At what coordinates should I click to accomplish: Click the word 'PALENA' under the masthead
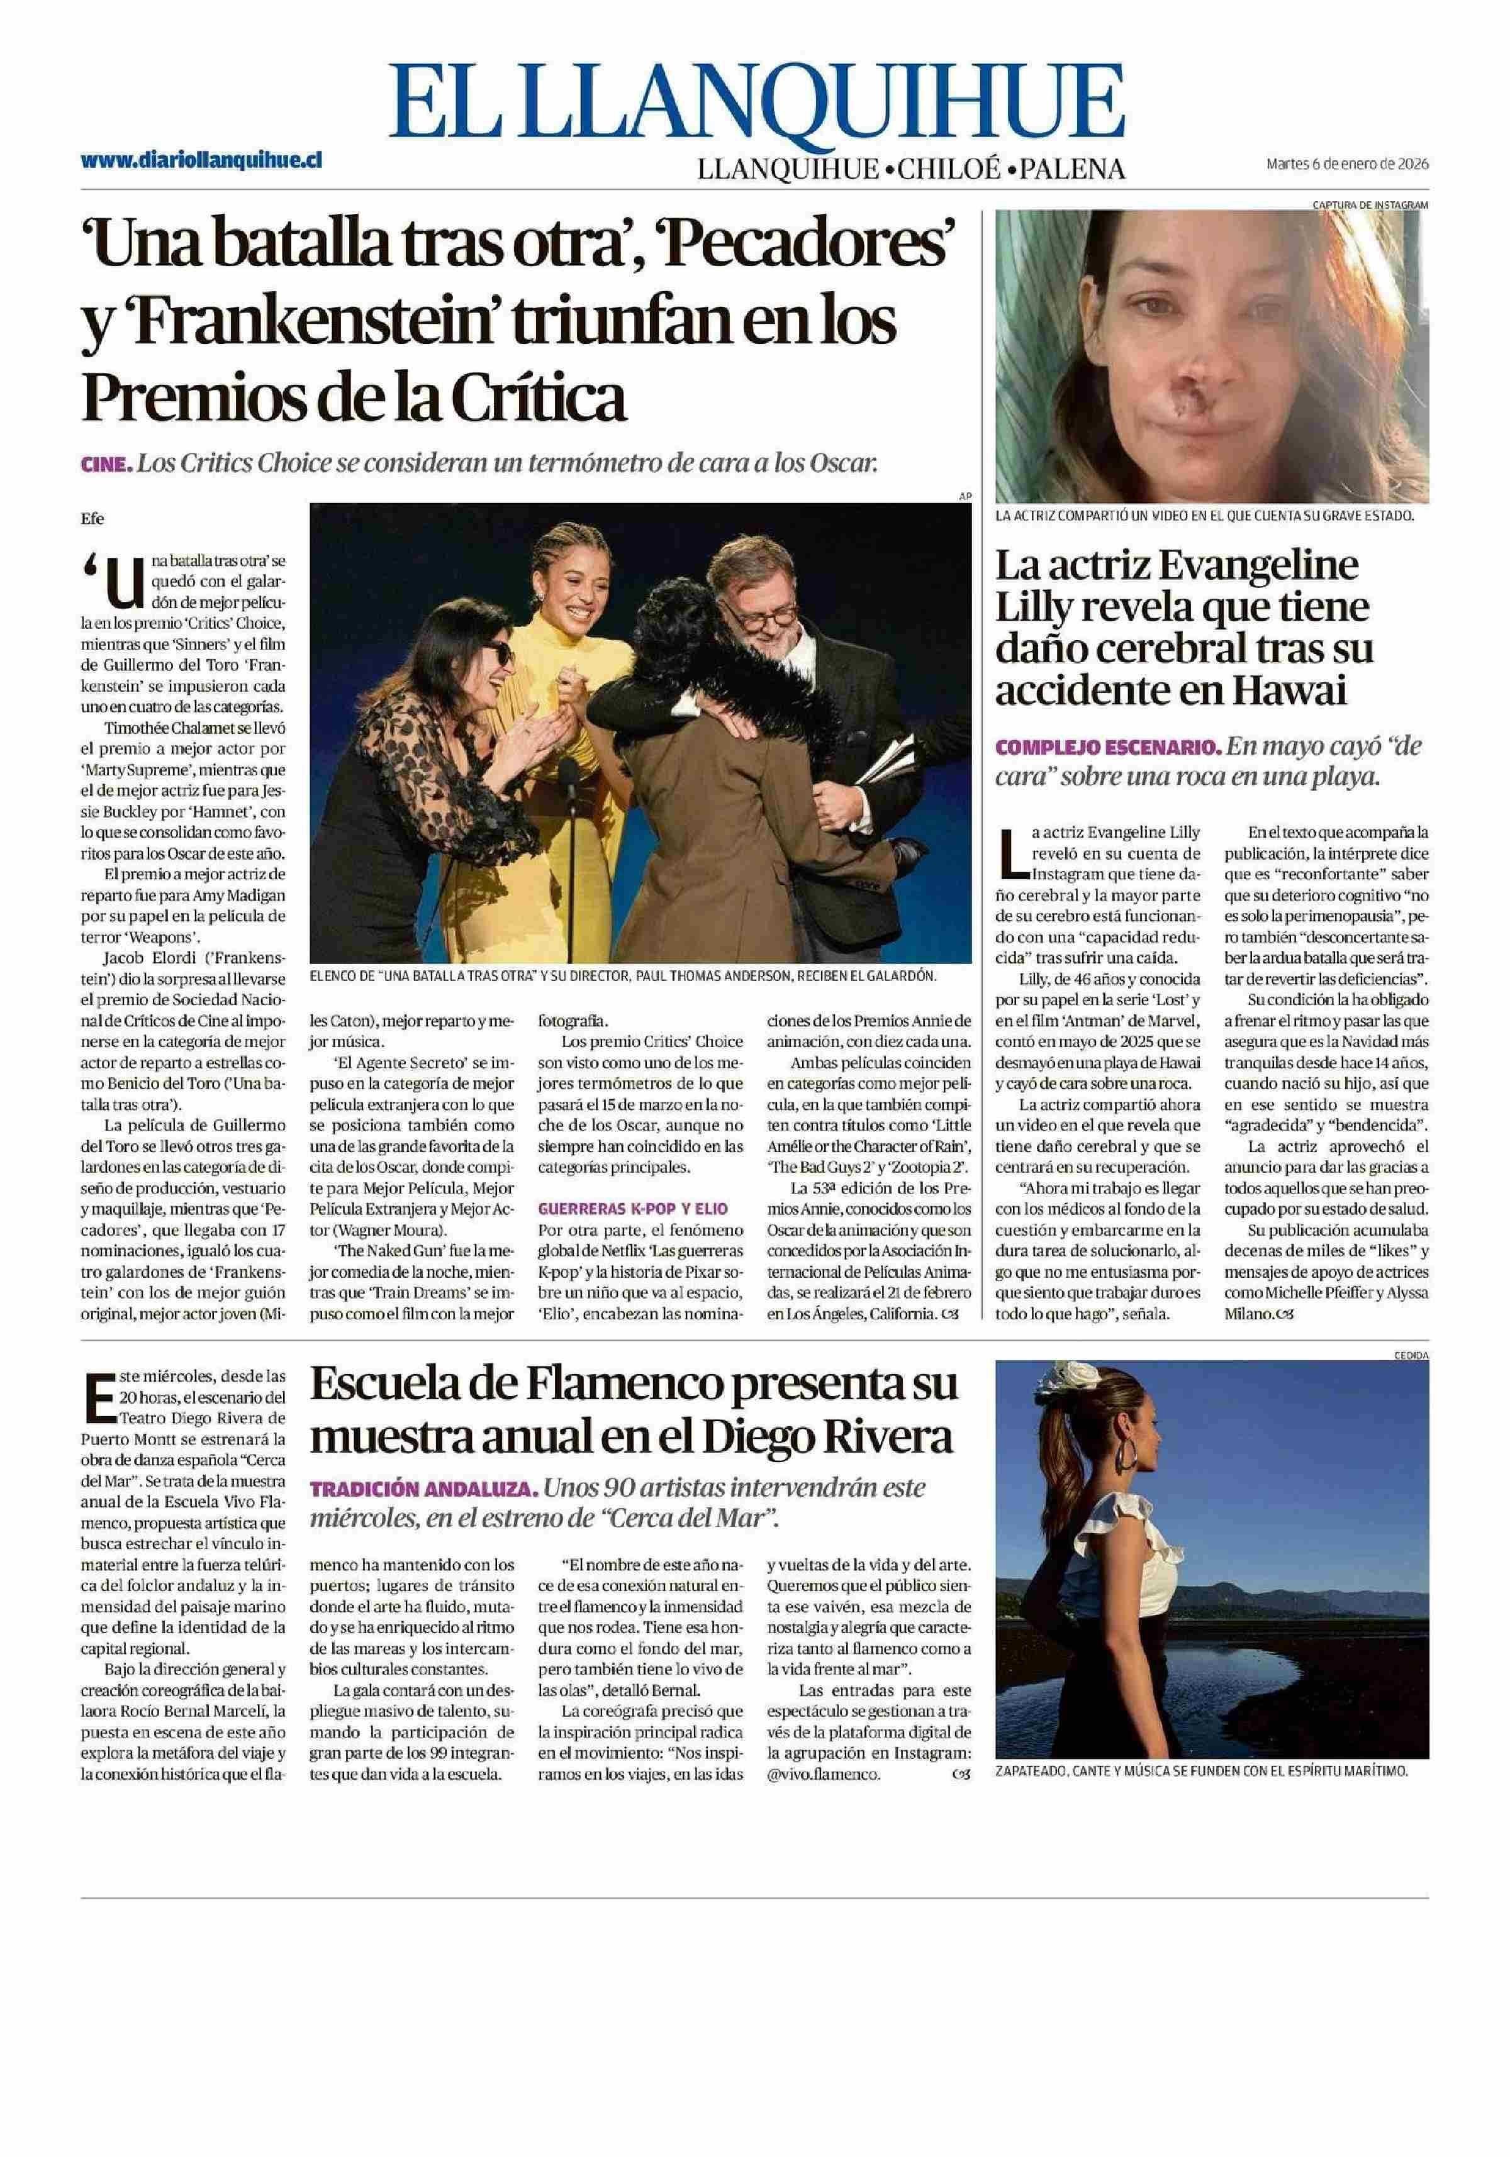click(x=1071, y=169)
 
